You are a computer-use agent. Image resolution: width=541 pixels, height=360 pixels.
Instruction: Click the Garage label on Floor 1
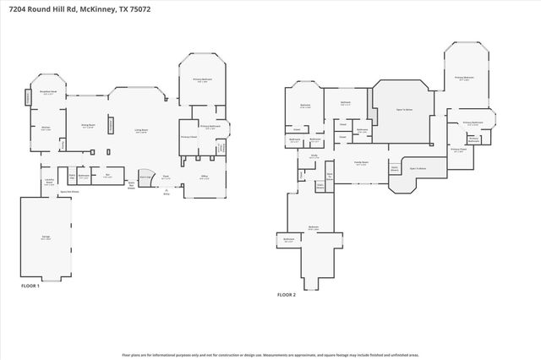coord(46,237)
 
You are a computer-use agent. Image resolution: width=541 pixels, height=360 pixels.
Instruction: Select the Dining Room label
coord(87,125)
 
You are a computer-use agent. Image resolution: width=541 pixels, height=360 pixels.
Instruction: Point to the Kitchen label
coord(46,128)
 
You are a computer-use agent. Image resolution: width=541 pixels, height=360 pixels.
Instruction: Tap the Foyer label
coord(167,177)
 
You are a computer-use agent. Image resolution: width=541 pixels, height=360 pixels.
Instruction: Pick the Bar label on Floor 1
coord(107,176)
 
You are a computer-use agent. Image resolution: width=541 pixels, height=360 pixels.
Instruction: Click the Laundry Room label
coord(49,182)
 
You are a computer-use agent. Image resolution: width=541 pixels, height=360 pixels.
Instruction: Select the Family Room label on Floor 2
coord(361,162)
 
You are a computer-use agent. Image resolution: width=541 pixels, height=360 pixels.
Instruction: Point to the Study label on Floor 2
coord(314,155)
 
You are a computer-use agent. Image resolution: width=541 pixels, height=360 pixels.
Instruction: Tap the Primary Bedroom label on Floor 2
coord(464,77)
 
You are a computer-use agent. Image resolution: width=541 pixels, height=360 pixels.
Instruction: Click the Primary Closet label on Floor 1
coord(189,136)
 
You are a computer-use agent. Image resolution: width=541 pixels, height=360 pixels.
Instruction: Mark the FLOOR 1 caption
coord(30,286)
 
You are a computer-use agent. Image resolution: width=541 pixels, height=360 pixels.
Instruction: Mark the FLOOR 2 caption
coord(287,295)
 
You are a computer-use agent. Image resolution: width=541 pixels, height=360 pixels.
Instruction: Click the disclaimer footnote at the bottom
coord(270,355)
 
